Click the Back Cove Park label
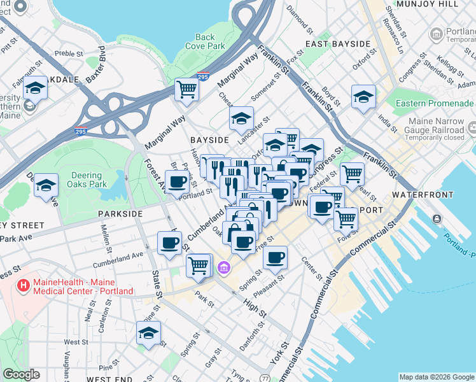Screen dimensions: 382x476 coord(205,41)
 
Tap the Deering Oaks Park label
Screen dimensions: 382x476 coord(86,180)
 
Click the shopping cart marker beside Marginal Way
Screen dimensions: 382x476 coord(186,89)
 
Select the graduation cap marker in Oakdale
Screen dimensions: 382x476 coord(35,88)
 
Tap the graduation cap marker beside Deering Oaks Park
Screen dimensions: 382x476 coord(46,185)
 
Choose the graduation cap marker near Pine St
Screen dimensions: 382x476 coord(148,333)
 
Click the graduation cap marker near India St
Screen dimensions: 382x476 coord(363,97)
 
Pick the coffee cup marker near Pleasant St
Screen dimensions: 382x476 coord(275,257)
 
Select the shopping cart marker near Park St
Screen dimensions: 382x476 coord(199,265)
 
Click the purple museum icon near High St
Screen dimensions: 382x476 coord(223,267)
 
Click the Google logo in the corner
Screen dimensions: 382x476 coord(21,374)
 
